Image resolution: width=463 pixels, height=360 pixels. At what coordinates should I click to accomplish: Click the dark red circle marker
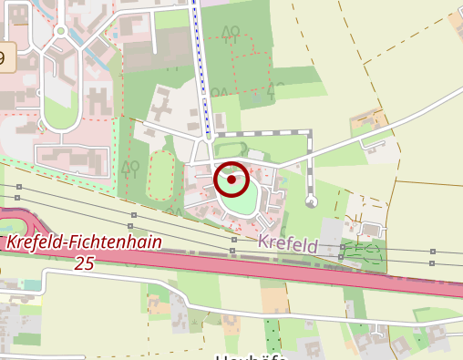pyautogui.click(x=232, y=180)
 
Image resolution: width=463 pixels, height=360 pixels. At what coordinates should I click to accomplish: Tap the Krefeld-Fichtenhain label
pyautogui.click(x=84, y=243)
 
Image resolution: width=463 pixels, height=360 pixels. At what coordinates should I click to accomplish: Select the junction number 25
pyautogui.click(x=84, y=263)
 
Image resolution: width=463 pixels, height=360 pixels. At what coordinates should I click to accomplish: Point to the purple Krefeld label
pyautogui.click(x=287, y=245)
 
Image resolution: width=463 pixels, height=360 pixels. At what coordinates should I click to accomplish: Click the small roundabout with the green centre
pyautogui.click(x=60, y=30)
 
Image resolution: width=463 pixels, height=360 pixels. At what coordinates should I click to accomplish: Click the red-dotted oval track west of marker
pyautogui.click(x=161, y=175)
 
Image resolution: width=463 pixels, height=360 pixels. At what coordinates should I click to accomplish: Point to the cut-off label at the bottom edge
pyautogui.click(x=252, y=356)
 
